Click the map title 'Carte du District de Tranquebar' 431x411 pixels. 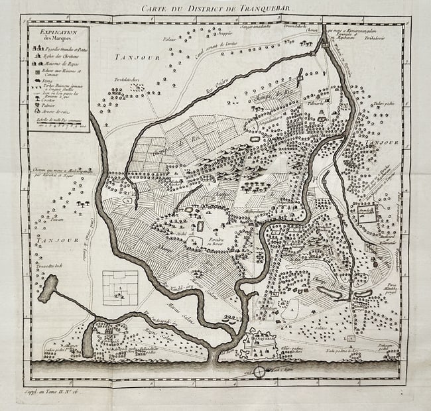215,8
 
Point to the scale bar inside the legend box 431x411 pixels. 63,124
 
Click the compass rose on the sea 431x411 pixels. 259,372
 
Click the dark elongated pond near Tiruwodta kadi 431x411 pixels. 48,289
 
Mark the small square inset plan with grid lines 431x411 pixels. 120,287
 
